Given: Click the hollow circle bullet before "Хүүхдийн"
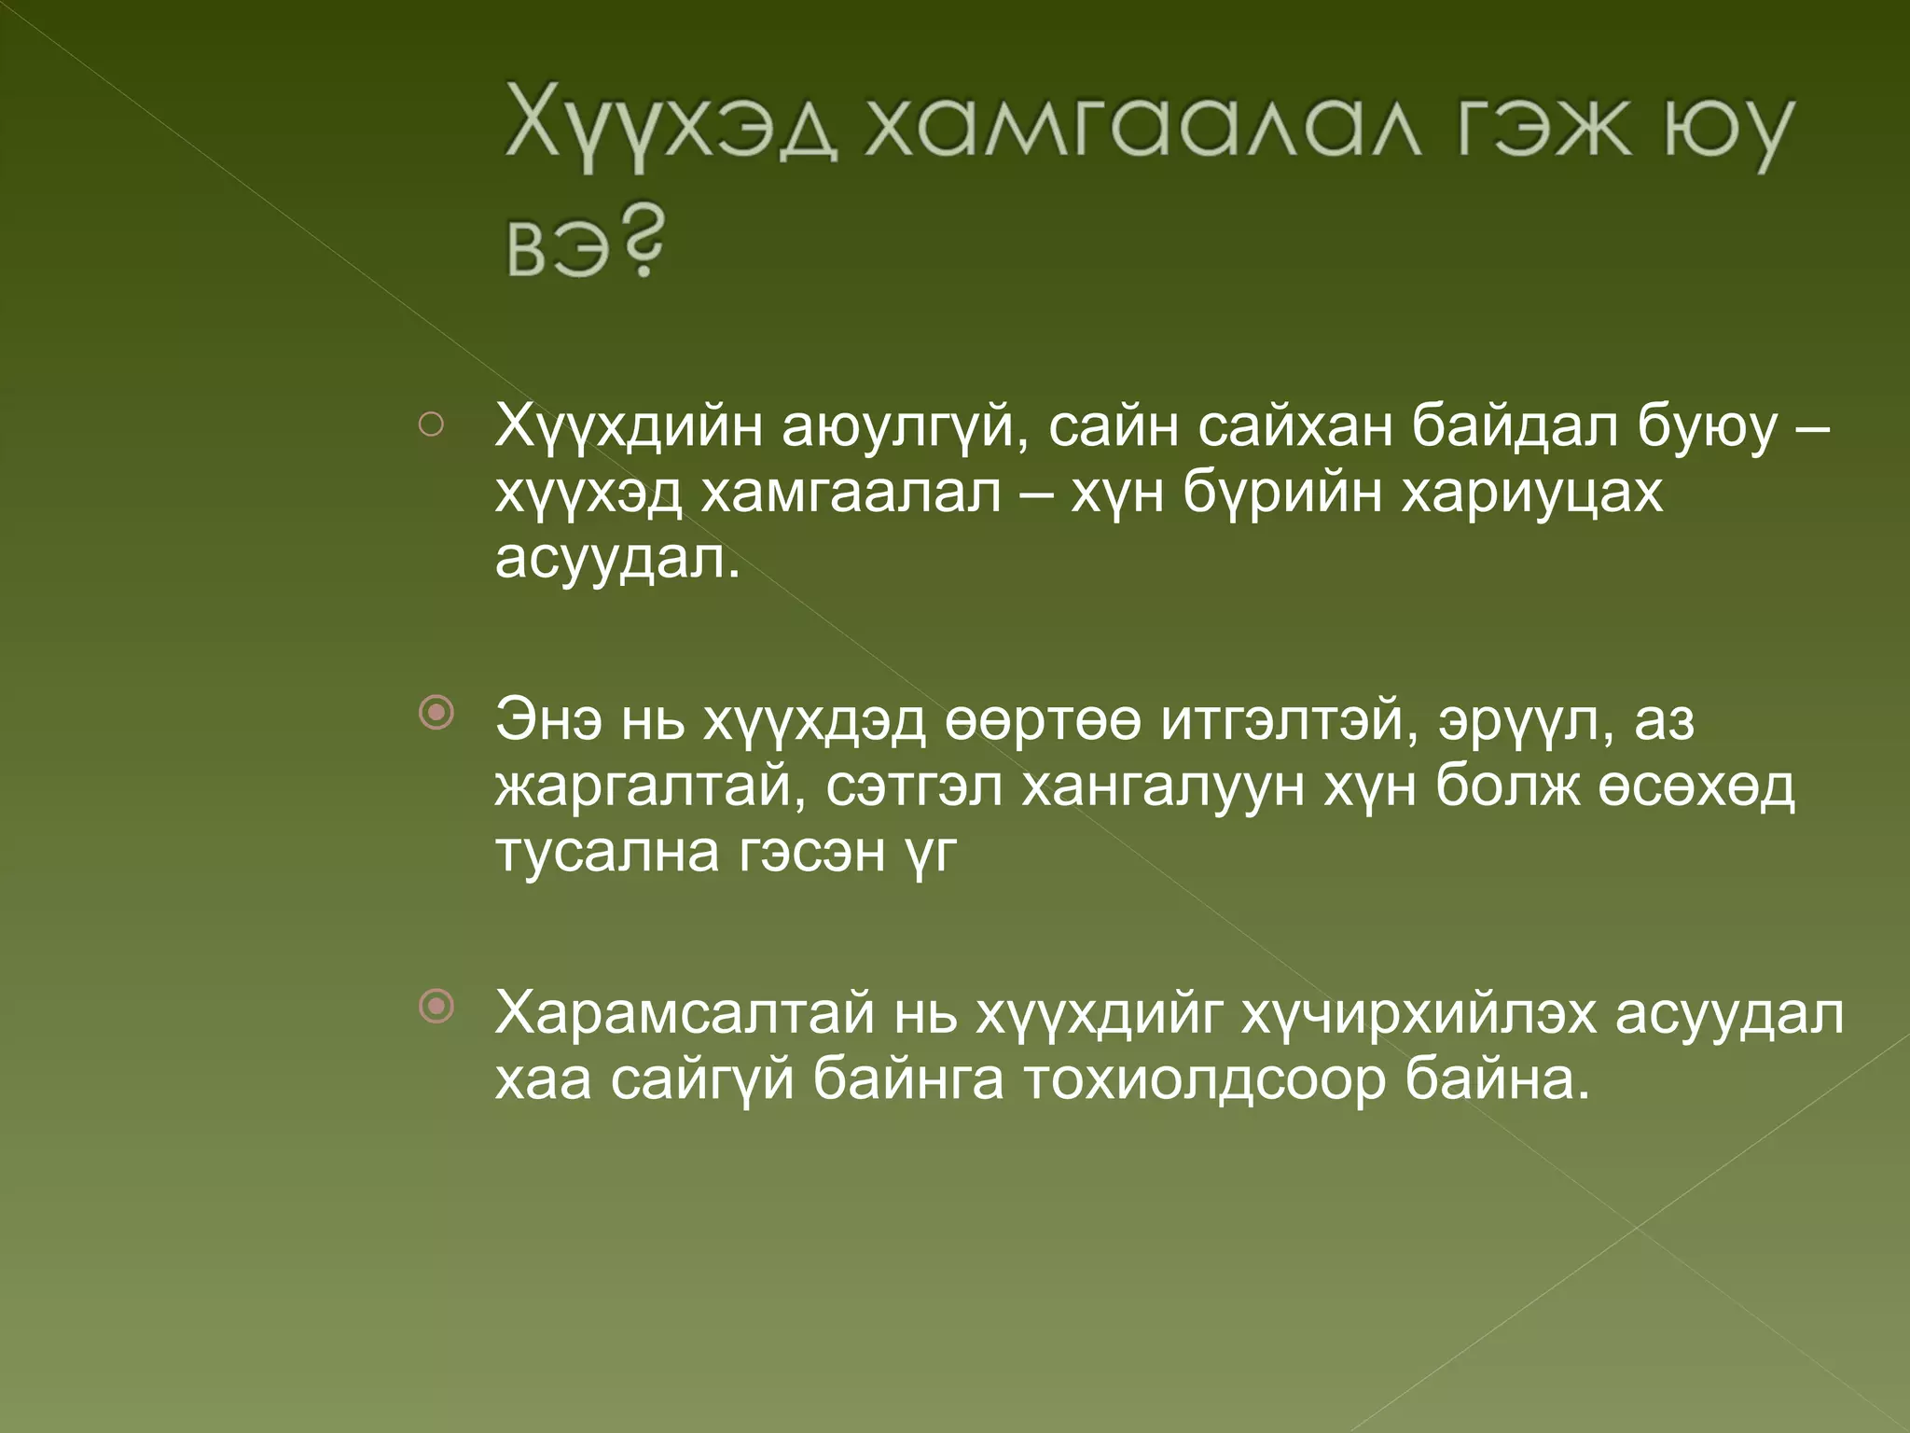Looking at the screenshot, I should [431, 425].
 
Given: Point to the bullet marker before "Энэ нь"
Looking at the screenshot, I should [436, 714].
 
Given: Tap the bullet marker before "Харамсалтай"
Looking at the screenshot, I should [436, 1006].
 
